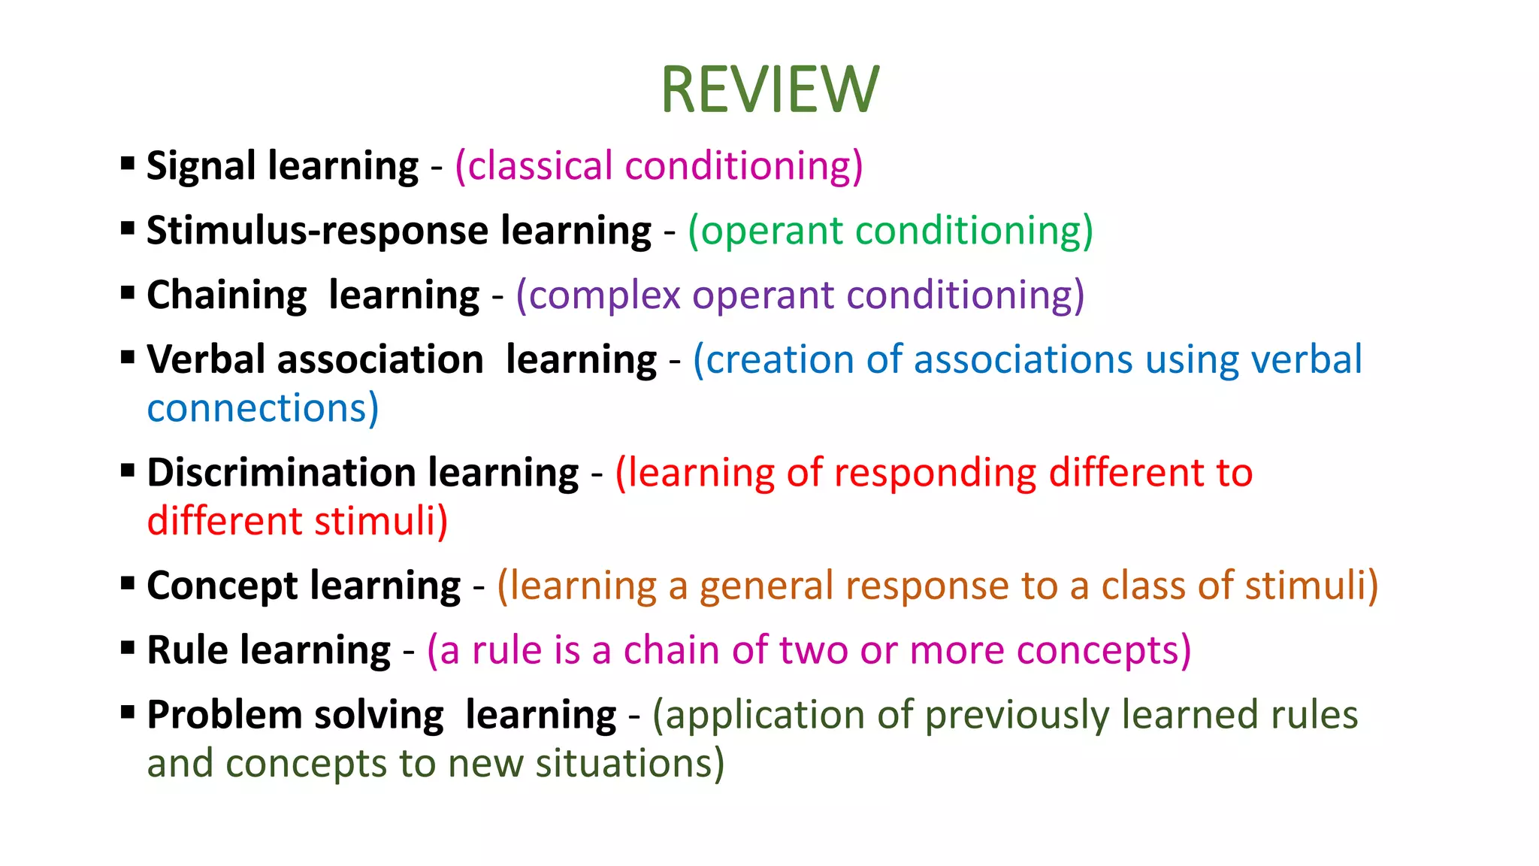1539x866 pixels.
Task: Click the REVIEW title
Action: pos(769,89)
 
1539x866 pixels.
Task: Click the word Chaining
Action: pos(226,295)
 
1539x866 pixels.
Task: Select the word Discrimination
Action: pos(281,473)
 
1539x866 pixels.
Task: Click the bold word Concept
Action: pos(222,586)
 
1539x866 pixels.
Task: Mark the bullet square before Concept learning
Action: pos(128,583)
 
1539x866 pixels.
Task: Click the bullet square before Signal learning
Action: pos(128,163)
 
